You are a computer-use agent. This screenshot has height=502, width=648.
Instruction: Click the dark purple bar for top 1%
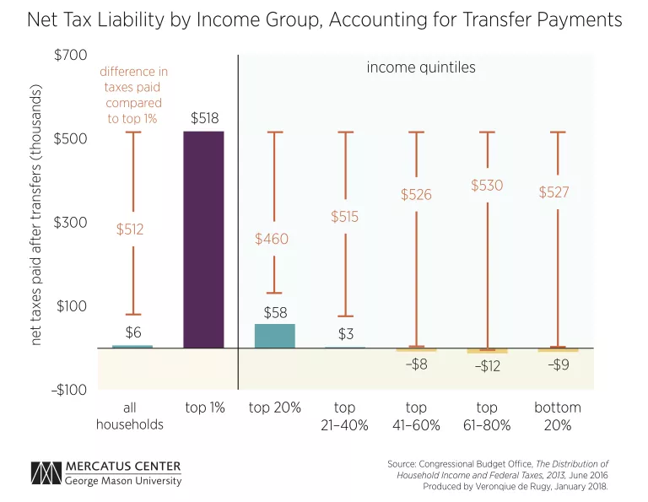pyautogui.click(x=203, y=240)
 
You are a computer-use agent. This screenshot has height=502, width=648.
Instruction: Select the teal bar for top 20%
pyautogui.click(x=275, y=336)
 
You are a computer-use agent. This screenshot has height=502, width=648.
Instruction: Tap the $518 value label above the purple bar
pyautogui.click(x=203, y=118)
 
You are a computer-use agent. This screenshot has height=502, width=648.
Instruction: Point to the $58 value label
pyautogui.click(x=276, y=313)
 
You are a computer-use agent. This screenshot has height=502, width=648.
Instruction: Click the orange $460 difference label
pyautogui.click(x=272, y=239)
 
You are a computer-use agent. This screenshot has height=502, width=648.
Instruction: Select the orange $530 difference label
pyautogui.click(x=487, y=185)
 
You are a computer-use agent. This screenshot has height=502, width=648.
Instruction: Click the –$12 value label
pyautogui.click(x=487, y=366)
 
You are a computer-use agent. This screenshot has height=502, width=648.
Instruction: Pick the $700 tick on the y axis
pyautogui.click(x=71, y=56)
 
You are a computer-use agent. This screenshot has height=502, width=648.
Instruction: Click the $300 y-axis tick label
pyautogui.click(x=71, y=222)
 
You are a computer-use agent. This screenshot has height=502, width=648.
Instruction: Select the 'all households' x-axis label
pyautogui.click(x=129, y=416)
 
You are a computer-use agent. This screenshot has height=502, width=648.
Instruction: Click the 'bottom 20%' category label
pyautogui.click(x=558, y=416)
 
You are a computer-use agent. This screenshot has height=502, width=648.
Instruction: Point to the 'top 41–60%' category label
pyautogui.click(x=417, y=416)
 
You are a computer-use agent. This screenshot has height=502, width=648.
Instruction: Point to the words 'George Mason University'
pyautogui.click(x=122, y=482)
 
